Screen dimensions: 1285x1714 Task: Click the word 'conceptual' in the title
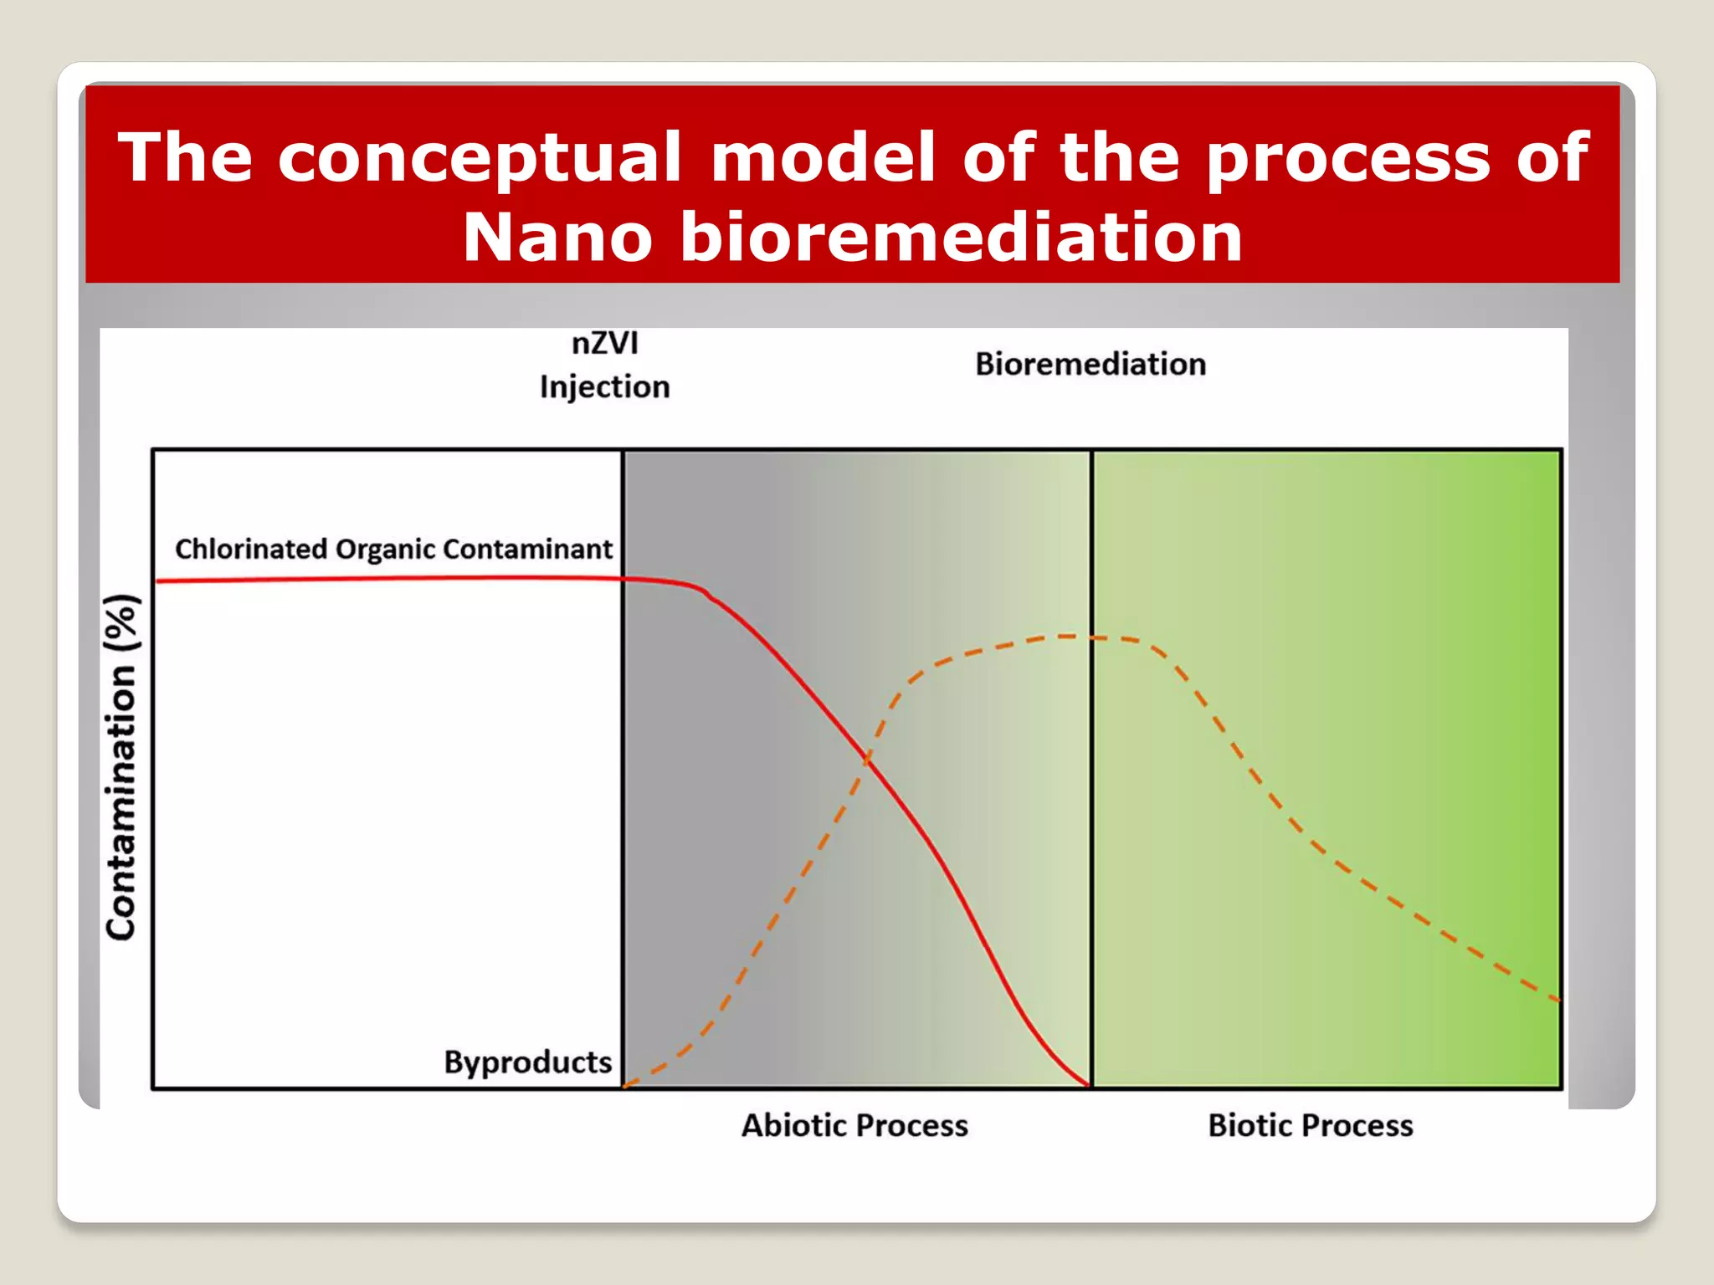click(x=479, y=159)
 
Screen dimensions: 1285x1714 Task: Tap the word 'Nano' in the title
click(x=557, y=238)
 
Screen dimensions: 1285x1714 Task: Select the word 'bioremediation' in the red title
click(x=961, y=238)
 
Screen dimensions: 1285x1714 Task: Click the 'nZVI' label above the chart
click(x=604, y=344)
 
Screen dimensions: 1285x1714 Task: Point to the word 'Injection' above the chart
click(x=604, y=387)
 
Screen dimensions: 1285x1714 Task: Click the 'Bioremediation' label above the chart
click(x=1090, y=365)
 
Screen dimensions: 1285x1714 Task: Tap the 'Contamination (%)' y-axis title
click(x=121, y=766)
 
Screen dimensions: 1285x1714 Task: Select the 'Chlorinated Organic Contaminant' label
click(x=393, y=550)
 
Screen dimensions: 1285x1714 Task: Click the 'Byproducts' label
click(x=527, y=1062)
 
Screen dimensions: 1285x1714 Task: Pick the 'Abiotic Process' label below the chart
click(x=854, y=1126)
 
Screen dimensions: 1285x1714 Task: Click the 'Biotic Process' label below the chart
click(x=1310, y=1126)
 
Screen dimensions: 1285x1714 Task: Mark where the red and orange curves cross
click(x=867, y=760)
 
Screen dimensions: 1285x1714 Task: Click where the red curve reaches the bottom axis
click(x=1089, y=1085)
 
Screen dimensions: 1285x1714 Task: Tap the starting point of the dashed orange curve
click(x=626, y=1085)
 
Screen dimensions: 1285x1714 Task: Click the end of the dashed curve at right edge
click(x=1557, y=999)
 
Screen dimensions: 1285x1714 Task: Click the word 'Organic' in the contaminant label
click(x=385, y=550)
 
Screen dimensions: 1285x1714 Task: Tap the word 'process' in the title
click(x=1348, y=159)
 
